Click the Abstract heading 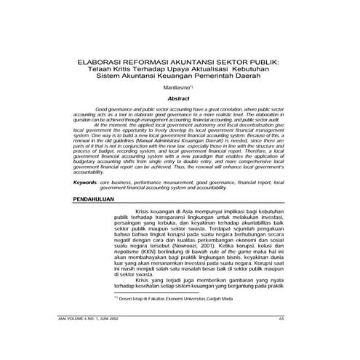click(x=178, y=97)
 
